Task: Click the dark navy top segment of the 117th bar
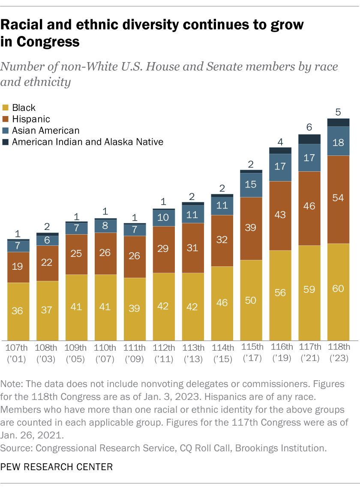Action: click(309, 139)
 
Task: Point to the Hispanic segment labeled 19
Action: click(18, 267)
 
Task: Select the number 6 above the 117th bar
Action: click(309, 127)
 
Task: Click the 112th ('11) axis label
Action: click(164, 352)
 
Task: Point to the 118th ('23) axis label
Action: click(339, 352)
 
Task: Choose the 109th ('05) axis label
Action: click(76, 352)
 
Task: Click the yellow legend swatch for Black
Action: click(6, 108)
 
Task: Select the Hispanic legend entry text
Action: click(31, 119)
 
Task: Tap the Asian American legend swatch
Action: click(6, 131)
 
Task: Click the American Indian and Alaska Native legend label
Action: click(88, 142)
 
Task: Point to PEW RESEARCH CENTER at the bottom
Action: click(57, 466)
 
